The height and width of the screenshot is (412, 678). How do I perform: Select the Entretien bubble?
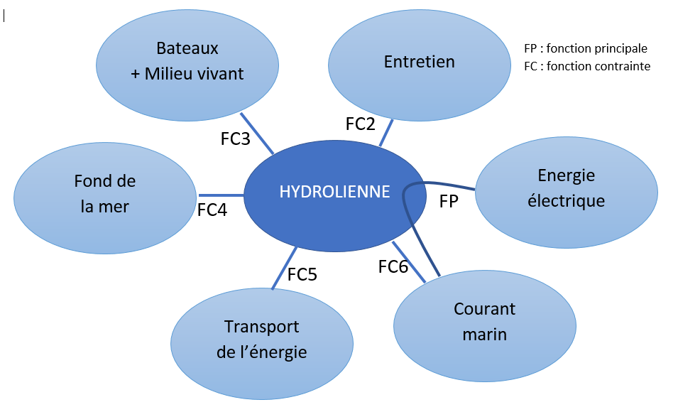point(419,62)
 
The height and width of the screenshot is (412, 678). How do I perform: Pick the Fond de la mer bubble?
point(104,194)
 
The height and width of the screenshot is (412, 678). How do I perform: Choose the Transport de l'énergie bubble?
point(261,339)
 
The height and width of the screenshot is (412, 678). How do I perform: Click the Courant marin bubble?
point(484,321)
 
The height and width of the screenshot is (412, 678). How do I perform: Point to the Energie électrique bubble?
point(566,188)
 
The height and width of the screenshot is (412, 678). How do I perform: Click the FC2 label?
point(360,124)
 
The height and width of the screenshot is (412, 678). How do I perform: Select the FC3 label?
point(235,139)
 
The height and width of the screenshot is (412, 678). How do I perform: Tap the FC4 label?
point(212,210)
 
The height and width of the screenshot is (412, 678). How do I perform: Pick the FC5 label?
point(302,274)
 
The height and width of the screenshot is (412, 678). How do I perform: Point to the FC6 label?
point(393,267)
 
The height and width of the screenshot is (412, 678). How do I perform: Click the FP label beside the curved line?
point(449,202)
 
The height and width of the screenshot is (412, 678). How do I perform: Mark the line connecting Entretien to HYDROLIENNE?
point(386,133)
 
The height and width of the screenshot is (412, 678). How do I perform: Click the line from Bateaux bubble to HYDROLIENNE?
point(257,133)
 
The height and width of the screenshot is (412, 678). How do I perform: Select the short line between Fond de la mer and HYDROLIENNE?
point(220,195)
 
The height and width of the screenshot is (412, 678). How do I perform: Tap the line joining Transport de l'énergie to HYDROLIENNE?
point(283,269)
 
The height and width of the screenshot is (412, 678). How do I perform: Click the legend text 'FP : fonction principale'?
point(585,49)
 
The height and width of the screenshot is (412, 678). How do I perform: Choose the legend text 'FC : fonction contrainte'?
point(586,66)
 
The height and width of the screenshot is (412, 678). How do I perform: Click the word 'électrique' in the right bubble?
point(566,201)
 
